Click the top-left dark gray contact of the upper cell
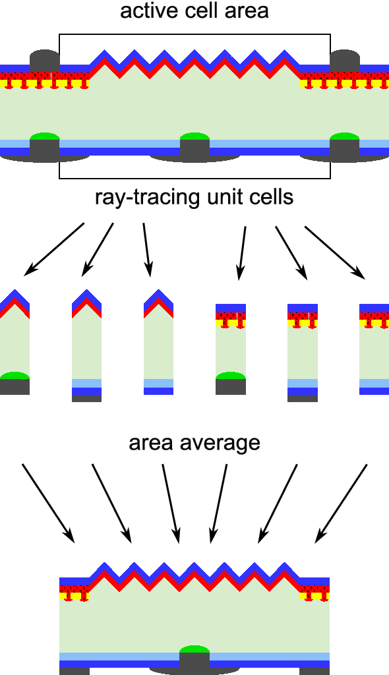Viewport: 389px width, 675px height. click(x=44, y=61)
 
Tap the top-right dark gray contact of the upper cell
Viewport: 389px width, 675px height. click(x=344, y=61)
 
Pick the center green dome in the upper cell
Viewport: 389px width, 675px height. click(x=194, y=136)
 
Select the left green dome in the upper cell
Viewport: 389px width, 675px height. click(x=44, y=136)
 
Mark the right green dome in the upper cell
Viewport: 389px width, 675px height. click(x=344, y=136)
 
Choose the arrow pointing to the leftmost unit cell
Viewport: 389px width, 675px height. click(x=54, y=249)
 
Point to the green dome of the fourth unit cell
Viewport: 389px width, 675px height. click(x=231, y=376)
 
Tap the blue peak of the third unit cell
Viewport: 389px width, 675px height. click(x=158, y=295)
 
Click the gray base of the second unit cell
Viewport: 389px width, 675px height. click(x=86, y=398)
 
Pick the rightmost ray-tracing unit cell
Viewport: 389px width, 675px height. click(x=374, y=349)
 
